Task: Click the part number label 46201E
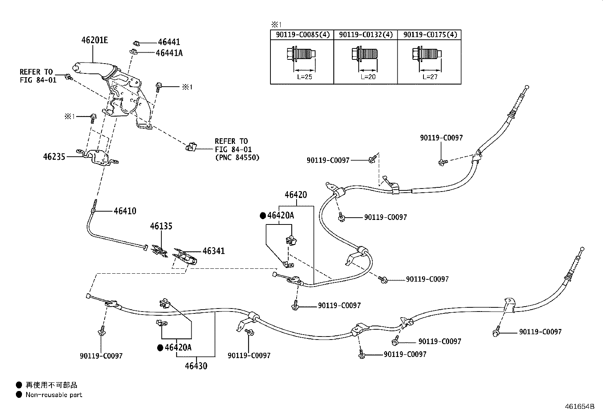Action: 95,40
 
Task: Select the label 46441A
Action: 169,53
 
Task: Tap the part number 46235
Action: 54,156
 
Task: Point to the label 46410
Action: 125,211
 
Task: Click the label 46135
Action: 161,226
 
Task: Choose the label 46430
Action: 196,366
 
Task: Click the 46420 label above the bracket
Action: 296,195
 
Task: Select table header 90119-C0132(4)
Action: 366,35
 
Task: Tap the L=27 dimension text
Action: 430,76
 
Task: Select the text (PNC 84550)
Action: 237,157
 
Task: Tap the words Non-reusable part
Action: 54,395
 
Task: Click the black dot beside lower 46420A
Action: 160,347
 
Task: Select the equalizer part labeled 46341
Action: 186,256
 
